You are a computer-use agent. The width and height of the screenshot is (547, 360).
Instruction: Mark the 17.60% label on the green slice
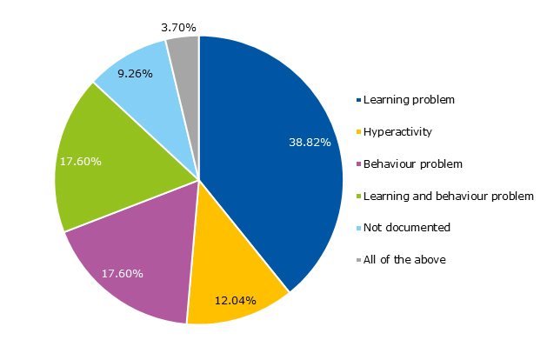click(81, 161)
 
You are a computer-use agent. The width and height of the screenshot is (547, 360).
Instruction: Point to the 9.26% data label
click(135, 74)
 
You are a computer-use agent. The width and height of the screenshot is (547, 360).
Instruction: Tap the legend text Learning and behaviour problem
click(449, 196)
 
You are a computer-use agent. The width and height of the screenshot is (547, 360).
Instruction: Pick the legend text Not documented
click(407, 227)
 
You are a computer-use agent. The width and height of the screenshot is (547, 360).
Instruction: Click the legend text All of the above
click(404, 259)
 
